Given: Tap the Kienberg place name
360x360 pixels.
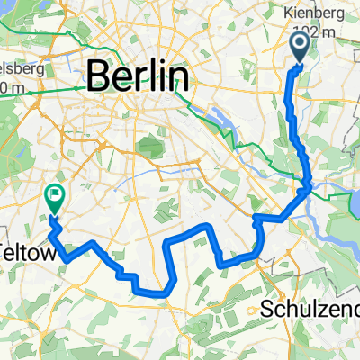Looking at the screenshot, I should click(x=319, y=15).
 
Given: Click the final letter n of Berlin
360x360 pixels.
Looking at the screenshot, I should click(x=180, y=76).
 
